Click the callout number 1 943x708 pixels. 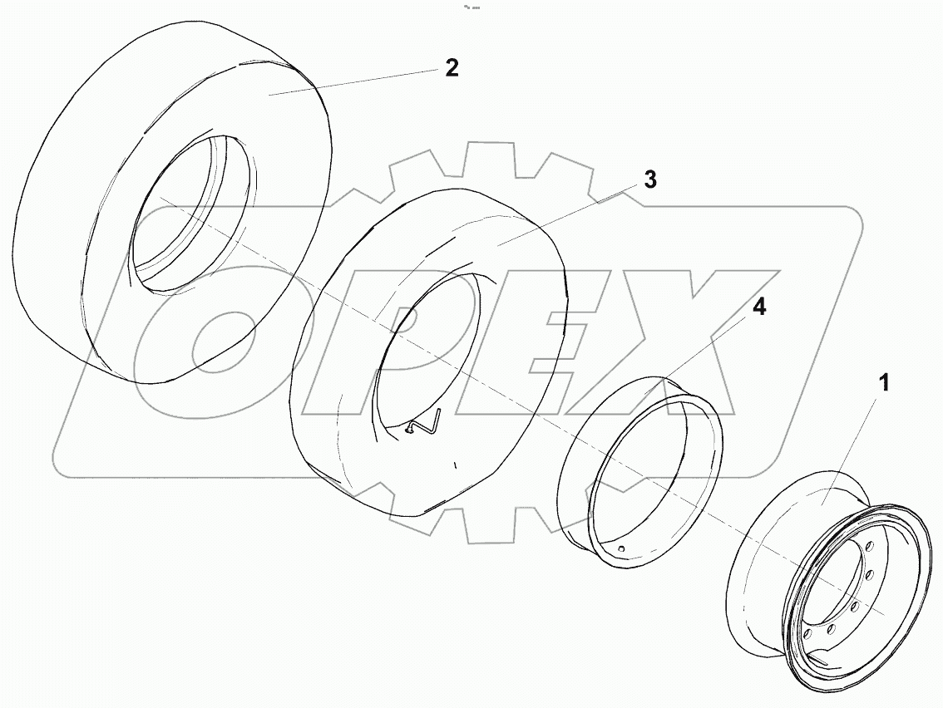point(885,383)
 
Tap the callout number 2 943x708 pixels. point(451,68)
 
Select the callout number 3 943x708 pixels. point(649,179)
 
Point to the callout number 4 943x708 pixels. point(758,306)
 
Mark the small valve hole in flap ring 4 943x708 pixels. point(621,548)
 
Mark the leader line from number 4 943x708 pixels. point(707,346)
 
